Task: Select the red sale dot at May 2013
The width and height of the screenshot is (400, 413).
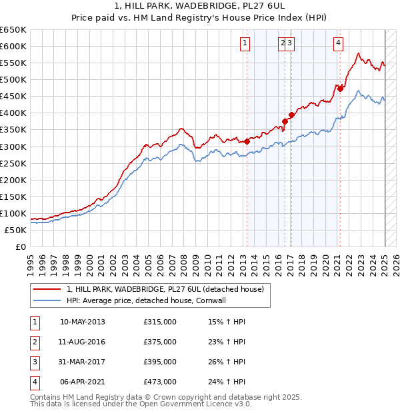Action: [x=247, y=141]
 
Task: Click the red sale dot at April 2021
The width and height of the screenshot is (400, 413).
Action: [x=340, y=88]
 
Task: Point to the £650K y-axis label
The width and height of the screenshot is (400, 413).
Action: [x=14, y=30]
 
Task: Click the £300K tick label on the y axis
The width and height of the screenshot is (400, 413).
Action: [x=14, y=147]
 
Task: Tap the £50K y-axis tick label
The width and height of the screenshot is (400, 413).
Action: [x=17, y=230]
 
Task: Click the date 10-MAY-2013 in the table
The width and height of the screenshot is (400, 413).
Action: [x=83, y=322]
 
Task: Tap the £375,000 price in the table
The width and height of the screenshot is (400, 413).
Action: [x=160, y=342]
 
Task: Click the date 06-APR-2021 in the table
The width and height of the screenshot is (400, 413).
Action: [x=83, y=382]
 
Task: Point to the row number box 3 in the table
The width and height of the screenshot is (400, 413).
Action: [x=34, y=362]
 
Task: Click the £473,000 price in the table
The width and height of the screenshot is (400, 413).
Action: [x=160, y=382]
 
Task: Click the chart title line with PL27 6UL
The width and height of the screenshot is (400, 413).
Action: [x=200, y=7]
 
